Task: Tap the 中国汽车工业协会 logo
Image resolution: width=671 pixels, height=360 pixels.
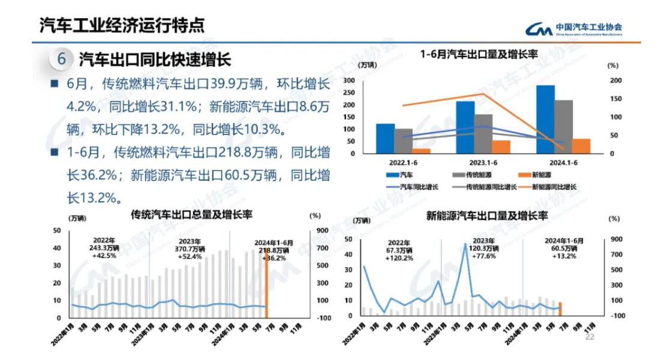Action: tap(573, 29)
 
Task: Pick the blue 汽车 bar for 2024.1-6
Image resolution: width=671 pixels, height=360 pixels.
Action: tap(546, 119)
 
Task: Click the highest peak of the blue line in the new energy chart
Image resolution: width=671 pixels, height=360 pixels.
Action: tap(465, 244)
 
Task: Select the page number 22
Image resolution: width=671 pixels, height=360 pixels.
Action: tap(589, 338)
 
